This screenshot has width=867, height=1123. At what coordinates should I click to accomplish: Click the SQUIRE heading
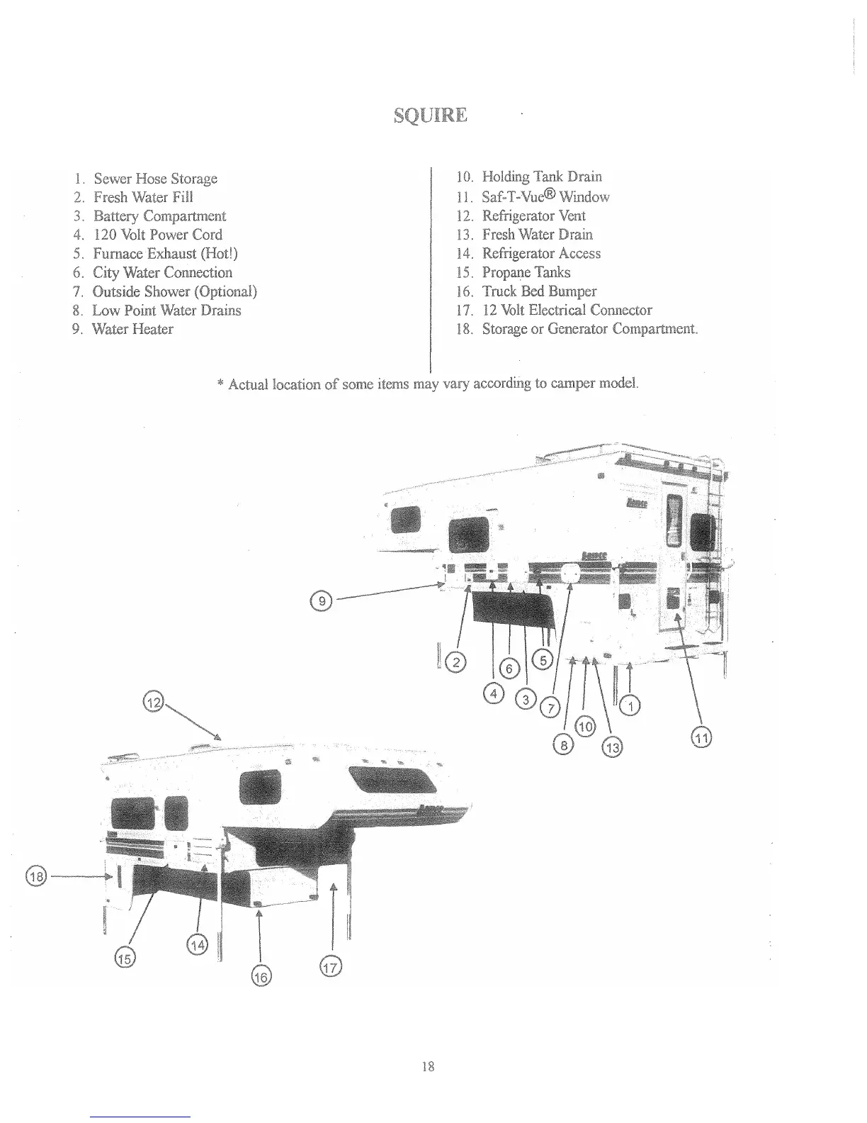click(x=430, y=115)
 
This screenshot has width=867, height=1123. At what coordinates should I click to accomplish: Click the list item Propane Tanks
click(x=526, y=272)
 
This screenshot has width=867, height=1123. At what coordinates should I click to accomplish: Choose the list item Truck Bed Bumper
click(x=539, y=291)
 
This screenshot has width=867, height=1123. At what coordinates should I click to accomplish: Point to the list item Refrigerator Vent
click(x=533, y=216)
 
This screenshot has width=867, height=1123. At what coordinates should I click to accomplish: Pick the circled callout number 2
click(x=458, y=663)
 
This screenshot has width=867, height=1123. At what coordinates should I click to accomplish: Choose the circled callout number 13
click(x=612, y=747)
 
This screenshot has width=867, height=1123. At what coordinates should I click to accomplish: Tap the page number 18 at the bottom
click(x=428, y=1066)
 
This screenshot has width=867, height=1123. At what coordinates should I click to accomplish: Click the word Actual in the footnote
click(x=247, y=384)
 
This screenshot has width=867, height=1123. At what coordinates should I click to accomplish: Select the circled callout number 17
click(x=331, y=966)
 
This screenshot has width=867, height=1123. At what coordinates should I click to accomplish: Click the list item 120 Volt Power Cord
click(x=157, y=235)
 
